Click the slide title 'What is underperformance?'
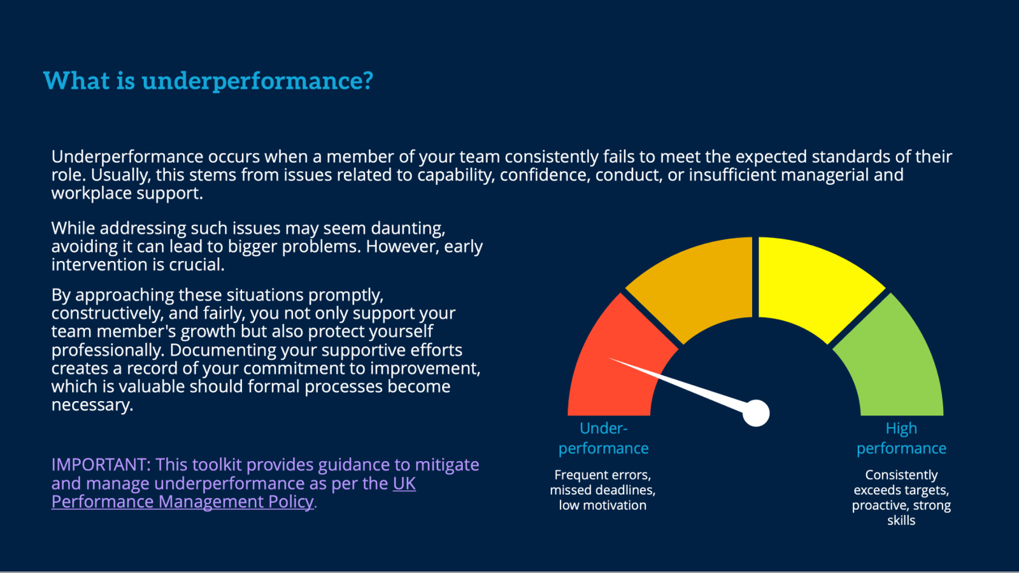coord(208,81)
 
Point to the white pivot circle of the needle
coord(756,413)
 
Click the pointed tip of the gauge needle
coord(609,358)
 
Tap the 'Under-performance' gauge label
coord(603,438)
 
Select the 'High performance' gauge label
coord(901,438)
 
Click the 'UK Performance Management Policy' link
coord(233,493)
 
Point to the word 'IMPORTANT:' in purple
coord(101,465)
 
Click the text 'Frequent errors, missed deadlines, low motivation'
coord(602,490)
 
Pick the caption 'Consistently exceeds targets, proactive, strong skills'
coord(901,497)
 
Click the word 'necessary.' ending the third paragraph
coord(92,405)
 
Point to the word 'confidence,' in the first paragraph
coord(545,175)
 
